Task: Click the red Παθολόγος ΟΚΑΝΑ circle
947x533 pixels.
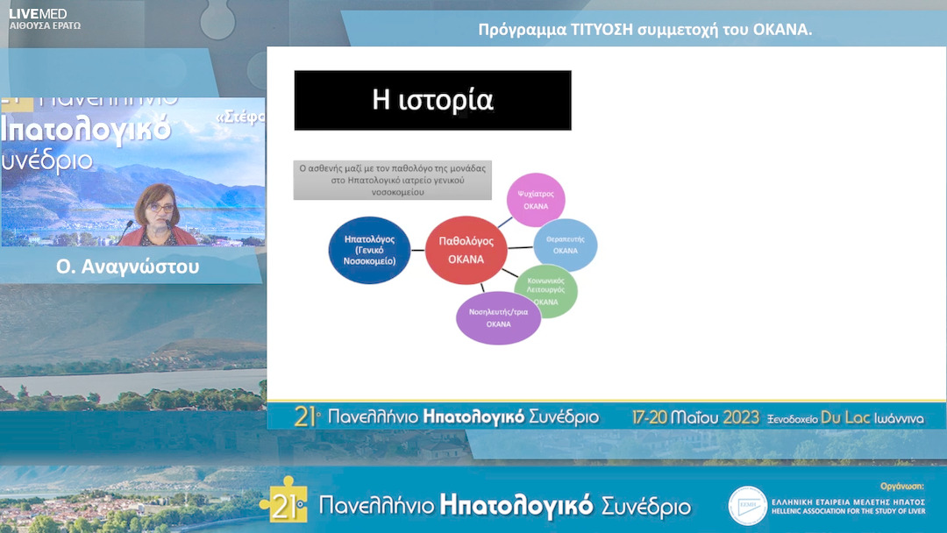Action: (466, 250)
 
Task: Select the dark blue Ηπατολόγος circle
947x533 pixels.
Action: (369, 250)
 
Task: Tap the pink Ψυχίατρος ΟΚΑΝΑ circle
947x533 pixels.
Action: (536, 201)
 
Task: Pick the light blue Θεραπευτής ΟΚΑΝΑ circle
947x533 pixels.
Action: (565, 245)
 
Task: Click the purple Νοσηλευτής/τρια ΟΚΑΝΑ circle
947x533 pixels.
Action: (498, 317)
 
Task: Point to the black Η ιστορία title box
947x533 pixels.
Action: (432, 101)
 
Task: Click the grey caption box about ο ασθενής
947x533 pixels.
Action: (392, 180)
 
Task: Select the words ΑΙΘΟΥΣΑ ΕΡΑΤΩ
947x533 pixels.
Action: (45, 26)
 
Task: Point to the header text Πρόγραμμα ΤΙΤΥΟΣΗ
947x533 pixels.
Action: (644, 30)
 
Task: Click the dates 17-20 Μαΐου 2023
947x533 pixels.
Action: (695, 417)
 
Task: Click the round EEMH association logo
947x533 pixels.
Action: (748, 506)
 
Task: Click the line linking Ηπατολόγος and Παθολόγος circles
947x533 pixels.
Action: (417, 251)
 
